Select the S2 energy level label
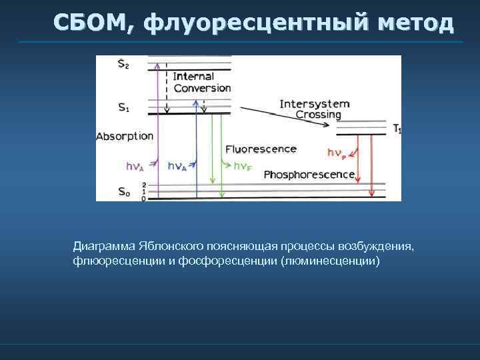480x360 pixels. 124,64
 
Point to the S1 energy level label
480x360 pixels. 124,107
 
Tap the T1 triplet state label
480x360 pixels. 397,129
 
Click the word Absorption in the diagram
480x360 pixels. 125,136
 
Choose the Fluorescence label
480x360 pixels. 261,149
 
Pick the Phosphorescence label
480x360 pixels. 309,175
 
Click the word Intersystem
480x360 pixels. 315,103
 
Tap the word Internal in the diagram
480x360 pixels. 193,76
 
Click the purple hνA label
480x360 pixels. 135,166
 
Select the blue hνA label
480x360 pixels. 177,166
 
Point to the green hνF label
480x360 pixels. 243,166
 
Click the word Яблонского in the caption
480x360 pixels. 165,247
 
